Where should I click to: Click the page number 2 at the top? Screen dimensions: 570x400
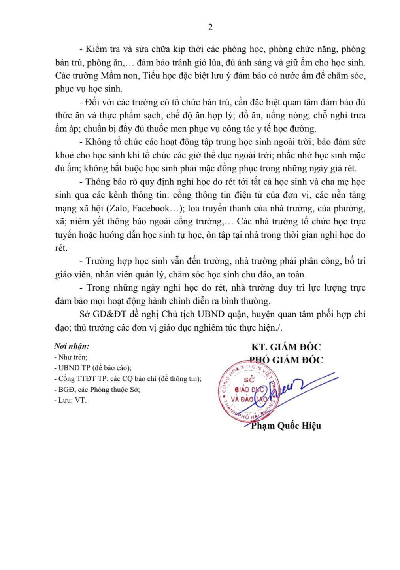coord(210,27)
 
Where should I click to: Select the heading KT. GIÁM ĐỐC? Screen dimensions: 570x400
coord(286,347)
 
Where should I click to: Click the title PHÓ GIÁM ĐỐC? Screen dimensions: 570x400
coord(286,360)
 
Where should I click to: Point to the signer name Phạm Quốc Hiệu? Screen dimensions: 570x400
coord(286,426)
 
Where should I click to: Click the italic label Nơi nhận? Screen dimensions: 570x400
coord(72,346)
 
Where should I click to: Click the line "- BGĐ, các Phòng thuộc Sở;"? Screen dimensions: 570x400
coord(97,389)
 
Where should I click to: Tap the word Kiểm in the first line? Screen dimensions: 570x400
coord(96,50)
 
